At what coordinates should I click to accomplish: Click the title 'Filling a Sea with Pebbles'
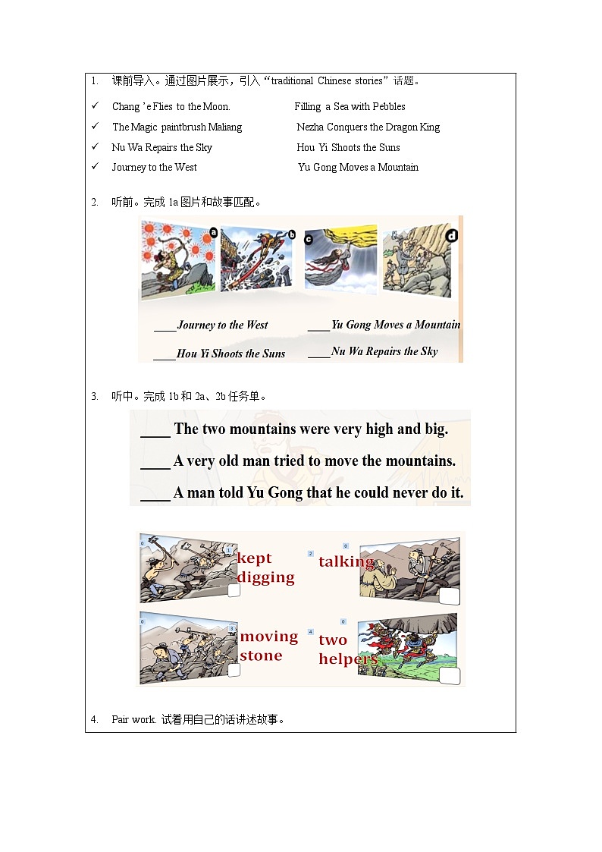click(x=350, y=107)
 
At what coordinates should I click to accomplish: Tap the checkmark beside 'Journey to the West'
click(x=95, y=167)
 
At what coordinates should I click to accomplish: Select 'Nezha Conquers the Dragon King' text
click(x=368, y=127)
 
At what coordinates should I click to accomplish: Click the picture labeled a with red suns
click(x=177, y=259)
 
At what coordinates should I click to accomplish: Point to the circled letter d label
click(x=452, y=236)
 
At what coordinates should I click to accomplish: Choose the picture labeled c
click(x=340, y=259)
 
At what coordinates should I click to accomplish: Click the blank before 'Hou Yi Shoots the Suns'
click(x=165, y=354)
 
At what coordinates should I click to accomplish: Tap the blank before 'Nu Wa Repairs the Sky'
click(x=319, y=352)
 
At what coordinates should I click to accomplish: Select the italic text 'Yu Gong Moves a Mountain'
click(x=396, y=325)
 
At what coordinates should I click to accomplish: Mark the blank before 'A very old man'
click(x=155, y=461)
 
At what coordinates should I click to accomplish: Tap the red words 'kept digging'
click(x=265, y=567)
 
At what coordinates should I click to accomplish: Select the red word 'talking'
click(x=346, y=561)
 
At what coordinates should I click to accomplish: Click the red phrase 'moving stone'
click(x=268, y=646)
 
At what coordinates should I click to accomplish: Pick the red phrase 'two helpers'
click(x=347, y=649)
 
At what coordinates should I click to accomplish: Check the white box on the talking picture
click(x=449, y=596)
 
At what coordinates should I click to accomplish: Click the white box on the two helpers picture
click(x=449, y=677)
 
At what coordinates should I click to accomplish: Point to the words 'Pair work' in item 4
click(x=133, y=719)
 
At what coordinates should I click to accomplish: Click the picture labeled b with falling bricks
click(x=259, y=259)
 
